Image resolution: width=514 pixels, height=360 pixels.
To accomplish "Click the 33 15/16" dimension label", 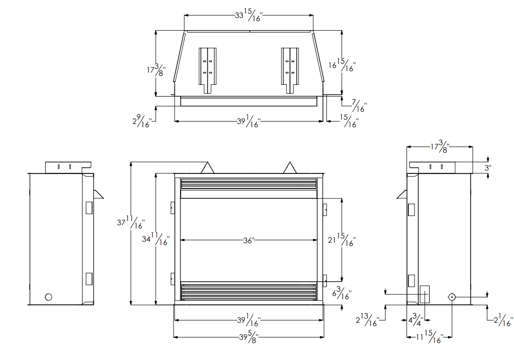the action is (x=249, y=15).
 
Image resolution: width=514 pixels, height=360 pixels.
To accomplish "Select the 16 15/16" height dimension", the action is (x=342, y=65).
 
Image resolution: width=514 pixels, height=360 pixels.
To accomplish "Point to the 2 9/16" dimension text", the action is (x=142, y=121).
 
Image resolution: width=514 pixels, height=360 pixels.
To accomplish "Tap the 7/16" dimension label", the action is (x=359, y=106).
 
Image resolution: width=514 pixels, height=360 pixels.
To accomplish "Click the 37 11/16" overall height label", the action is (x=131, y=222).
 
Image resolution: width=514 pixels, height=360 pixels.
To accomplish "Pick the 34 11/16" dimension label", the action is (x=156, y=239).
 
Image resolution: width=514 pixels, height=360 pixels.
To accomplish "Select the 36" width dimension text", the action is (x=249, y=240).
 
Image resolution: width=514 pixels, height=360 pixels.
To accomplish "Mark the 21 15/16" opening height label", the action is (x=341, y=240).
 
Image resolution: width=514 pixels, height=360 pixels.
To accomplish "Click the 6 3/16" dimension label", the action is (x=342, y=293).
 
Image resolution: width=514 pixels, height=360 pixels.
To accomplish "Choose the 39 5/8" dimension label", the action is (x=249, y=336).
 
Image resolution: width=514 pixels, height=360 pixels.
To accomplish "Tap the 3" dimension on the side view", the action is (x=488, y=168).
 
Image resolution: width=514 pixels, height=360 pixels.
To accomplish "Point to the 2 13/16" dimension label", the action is (x=367, y=319).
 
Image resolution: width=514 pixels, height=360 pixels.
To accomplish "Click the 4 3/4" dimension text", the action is (x=415, y=319).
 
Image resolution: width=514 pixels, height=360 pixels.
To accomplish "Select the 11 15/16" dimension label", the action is (x=430, y=336).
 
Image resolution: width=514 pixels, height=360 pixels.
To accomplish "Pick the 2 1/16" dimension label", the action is (x=503, y=319).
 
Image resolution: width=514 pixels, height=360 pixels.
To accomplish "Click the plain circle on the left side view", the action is (x=49, y=297).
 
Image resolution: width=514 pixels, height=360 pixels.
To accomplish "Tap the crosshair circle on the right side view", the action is (x=452, y=297).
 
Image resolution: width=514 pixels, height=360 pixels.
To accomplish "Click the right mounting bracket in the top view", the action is (x=290, y=70).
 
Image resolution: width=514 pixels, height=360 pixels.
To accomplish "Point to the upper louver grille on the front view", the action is (x=249, y=184).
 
